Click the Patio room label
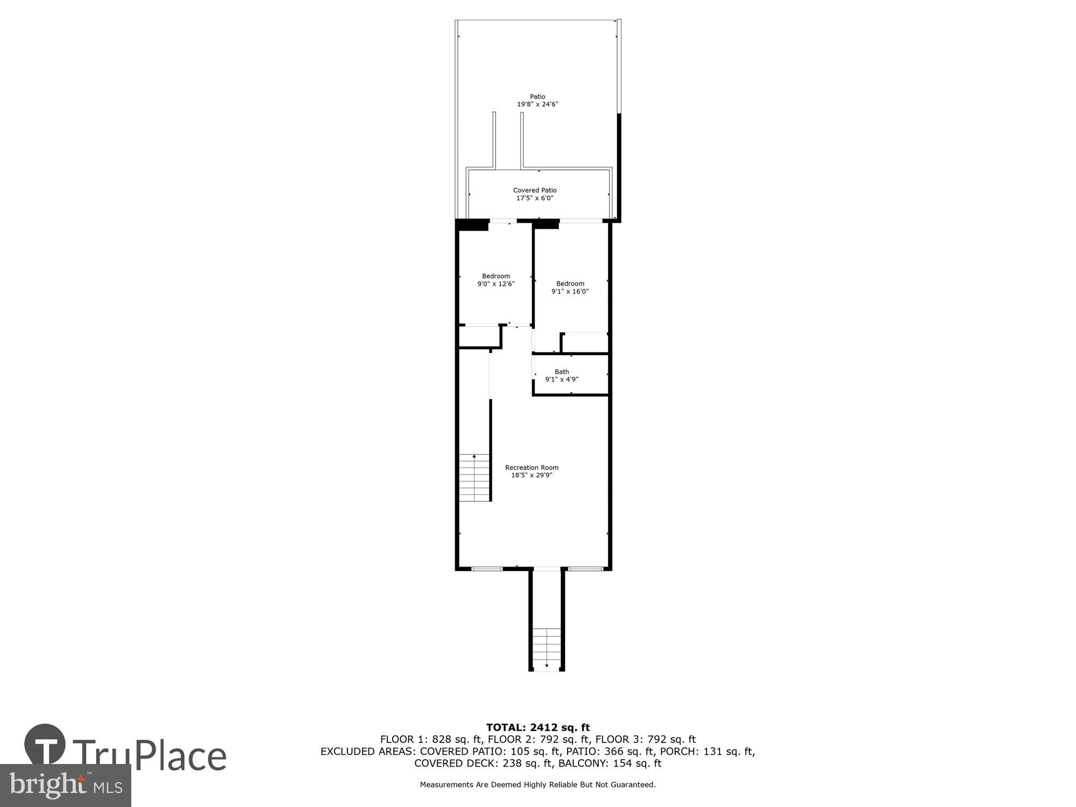click(x=537, y=97)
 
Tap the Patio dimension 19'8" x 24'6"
click(x=537, y=104)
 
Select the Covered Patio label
click(x=535, y=190)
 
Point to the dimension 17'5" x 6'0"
click(x=535, y=198)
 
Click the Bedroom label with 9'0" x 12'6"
click(x=495, y=276)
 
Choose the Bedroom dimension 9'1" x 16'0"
click(x=570, y=292)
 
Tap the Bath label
click(x=562, y=372)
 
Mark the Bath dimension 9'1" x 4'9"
click(x=562, y=379)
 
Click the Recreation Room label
click(x=532, y=468)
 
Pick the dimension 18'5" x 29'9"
click(x=532, y=475)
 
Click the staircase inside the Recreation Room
click(x=474, y=478)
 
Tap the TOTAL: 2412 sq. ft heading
click(x=537, y=728)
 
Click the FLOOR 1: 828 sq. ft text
click(x=431, y=740)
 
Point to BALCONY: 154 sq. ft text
click(x=610, y=763)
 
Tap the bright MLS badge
click(x=65, y=785)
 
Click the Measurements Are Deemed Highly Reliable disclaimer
click(x=537, y=785)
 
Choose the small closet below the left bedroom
click(x=479, y=337)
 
